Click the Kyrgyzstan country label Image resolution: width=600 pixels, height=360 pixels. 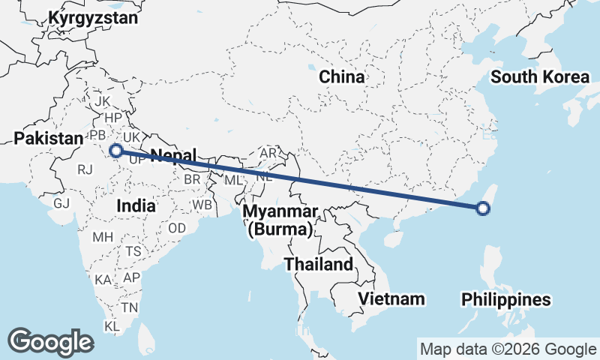93,18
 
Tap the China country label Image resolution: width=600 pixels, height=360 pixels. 342,76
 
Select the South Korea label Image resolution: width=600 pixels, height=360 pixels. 540,76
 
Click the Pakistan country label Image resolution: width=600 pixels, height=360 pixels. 48,138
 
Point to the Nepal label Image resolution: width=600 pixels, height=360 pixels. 173,156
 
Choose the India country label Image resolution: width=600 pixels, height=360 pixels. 136,205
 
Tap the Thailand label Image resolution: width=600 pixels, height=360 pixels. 318,264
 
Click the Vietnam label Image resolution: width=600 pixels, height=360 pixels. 391,298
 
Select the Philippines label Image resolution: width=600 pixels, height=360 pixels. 506,300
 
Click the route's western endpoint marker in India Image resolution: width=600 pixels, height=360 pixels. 116,151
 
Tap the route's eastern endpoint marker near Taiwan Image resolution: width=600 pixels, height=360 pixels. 484,208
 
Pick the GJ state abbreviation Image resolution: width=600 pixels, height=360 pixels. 61,203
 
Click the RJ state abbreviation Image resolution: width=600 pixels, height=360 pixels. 85,169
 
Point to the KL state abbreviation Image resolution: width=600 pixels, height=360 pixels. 112,327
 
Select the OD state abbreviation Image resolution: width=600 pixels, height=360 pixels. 177,228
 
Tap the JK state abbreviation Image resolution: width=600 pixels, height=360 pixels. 103,101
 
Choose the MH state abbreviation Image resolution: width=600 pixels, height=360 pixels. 102,238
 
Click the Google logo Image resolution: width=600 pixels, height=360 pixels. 50,342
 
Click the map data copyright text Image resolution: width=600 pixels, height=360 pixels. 507,349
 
